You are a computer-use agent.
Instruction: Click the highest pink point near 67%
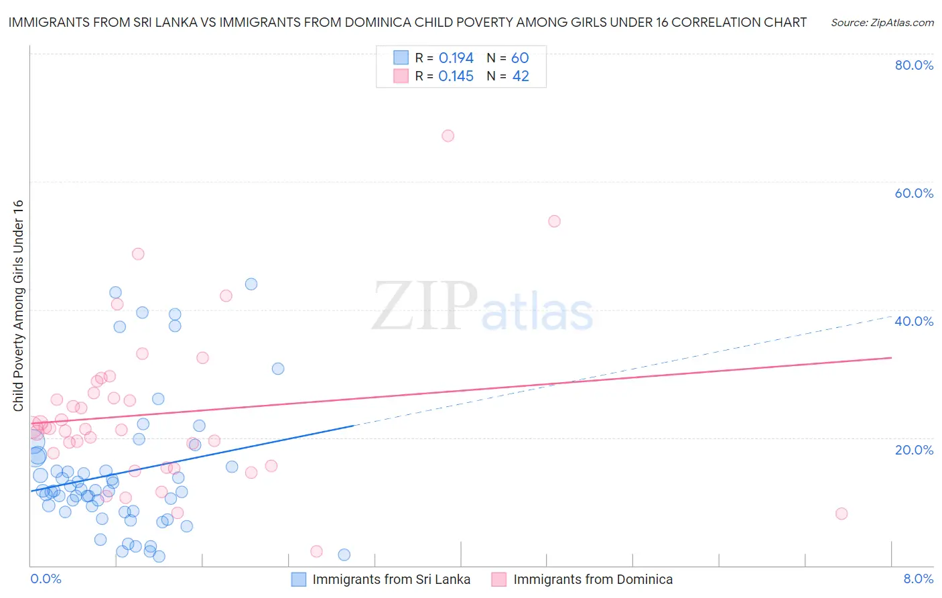point(448,136)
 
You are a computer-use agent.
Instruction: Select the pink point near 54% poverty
point(554,221)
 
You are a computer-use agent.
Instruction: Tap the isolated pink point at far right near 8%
point(842,514)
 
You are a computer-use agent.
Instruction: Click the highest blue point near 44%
point(251,284)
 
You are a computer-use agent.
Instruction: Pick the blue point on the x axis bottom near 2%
point(344,554)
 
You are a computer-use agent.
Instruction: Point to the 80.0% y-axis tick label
point(914,65)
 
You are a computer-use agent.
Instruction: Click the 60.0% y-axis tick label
point(914,193)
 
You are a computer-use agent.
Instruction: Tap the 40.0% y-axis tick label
point(914,321)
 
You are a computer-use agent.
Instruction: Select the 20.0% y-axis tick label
point(914,450)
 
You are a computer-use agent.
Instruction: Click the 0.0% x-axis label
point(46,579)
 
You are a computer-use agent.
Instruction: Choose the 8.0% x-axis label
point(918,579)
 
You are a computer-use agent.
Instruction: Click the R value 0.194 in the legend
point(456,58)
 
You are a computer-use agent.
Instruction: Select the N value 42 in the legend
point(521,76)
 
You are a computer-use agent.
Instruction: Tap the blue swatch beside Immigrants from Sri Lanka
point(299,579)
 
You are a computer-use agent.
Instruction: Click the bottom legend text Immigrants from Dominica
point(593,579)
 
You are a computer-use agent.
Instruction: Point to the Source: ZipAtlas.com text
point(882,23)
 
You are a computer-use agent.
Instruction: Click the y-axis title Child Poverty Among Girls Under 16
point(18,305)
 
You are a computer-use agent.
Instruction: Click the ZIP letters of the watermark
point(425,307)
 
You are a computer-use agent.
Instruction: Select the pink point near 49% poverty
point(138,254)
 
